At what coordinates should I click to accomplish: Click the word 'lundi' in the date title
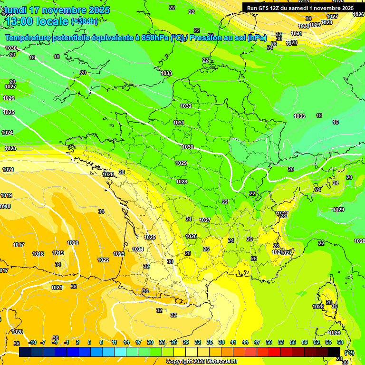pos(14,10)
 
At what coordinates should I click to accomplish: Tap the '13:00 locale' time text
pos(36,21)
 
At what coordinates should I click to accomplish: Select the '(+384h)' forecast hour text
pos(84,21)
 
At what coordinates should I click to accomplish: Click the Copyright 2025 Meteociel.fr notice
pos(202,362)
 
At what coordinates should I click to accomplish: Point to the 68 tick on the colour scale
pos(340,342)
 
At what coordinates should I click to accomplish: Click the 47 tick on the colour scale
pos(257,342)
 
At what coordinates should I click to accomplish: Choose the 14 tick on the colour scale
pos(126,342)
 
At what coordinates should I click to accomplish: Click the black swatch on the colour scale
pos(334,352)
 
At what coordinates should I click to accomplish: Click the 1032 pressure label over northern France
pos(186,106)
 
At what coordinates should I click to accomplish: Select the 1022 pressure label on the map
pos(103,260)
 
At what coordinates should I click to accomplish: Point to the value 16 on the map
pos(336,122)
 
